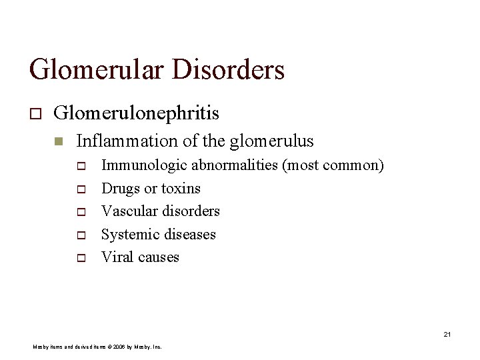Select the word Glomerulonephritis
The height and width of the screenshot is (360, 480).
click(x=135, y=113)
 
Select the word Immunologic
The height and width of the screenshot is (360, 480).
click(x=139, y=165)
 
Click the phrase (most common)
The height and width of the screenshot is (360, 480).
click(x=334, y=165)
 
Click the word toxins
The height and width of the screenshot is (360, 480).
click(x=181, y=189)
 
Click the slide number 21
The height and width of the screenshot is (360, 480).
click(x=447, y=333)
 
